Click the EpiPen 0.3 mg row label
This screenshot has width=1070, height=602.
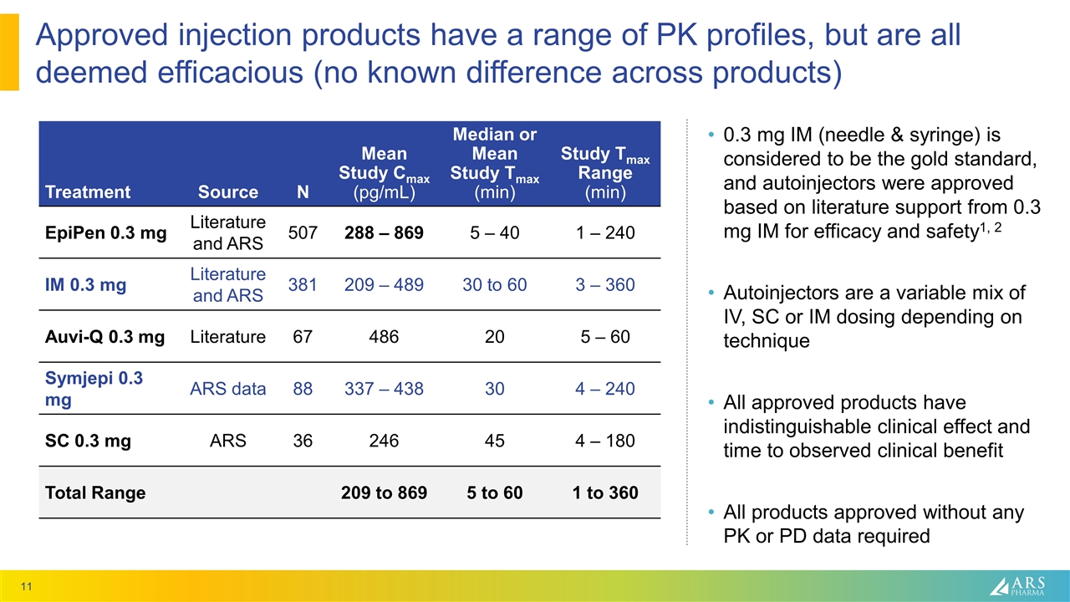pyautogui.click(x=105, y=233)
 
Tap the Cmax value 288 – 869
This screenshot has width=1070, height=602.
pyautogui.click(x=384, y=233)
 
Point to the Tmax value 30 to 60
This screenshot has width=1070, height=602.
pyautogui.click(x=495, y=285)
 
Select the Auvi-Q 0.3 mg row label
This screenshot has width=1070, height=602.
pyautogui.click(x=104, y=337)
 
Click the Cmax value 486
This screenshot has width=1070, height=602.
pyautogui.click(x=384, y=337)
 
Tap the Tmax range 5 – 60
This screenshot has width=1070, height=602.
pyautogui.click(x=599, y=337)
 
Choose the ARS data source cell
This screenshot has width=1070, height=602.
pyautogui.click(x=228, y=389)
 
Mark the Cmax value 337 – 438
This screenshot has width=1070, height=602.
pyautogui.click(x=384, y=389)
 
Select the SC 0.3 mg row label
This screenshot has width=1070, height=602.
pyautogui.click(x=89, y=441)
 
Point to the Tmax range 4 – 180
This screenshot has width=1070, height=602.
pyautogui.click(x=599, y=441)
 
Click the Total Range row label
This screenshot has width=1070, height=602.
pyautogui.click(x=94, y=492)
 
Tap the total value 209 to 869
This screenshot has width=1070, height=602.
pyautogui.click(x=385, y=492)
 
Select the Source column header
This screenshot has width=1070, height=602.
pyautogui.click(x=228, y=192)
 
